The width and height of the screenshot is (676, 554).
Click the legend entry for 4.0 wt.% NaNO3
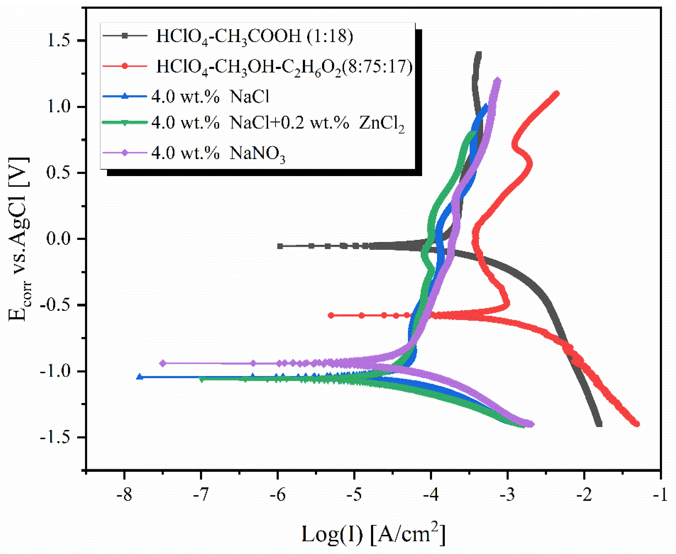pyautogui.click(x=218, y=153)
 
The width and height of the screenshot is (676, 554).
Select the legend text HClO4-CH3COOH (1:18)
pyautogui.click(x=255, y=36)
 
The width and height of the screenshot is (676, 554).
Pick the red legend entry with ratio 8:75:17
pyautogui.click(x=284, y=67)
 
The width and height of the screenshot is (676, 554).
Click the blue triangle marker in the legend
pyautogui.click(x=125, y=96)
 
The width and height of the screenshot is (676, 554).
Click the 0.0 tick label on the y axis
pyautogui.click(x=58, y=239)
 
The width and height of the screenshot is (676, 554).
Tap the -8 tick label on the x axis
pyautogui.click(x=124, y=495)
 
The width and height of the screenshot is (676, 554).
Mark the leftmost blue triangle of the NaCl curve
pyautogui.click(x=140, y=377)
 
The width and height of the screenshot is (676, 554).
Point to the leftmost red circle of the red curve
pyautogui.click(x=331, y=315)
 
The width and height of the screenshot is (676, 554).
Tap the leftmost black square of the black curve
pyautogui.click(x=280, y=246)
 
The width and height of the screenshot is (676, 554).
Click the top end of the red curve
pyautogui.click(x=556, y=93)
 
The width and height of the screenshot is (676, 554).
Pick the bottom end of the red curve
pyautogui.click(x=637, y=424)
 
